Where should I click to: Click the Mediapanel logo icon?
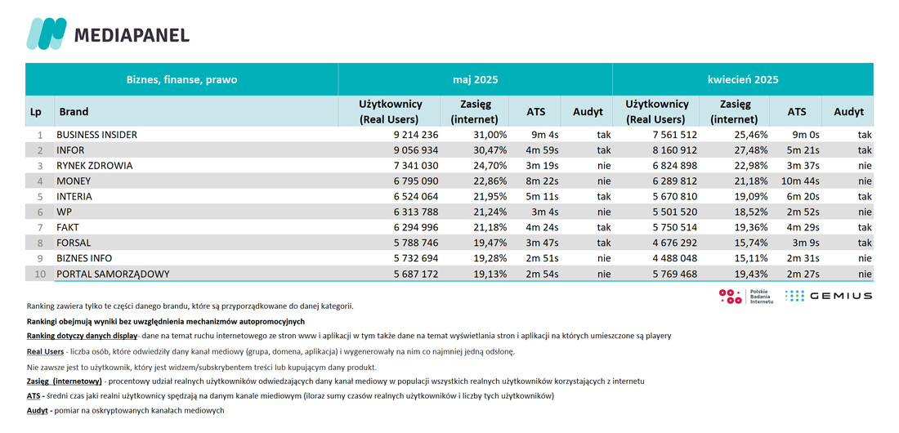[47, 33]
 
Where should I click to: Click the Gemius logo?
[829, 296]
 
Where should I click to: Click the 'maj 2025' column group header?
[475, 80]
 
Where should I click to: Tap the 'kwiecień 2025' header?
[742, 80]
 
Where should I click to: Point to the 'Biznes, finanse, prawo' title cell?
[181, 80]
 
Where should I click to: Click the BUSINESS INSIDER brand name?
[97, 135]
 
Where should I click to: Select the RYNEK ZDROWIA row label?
[95, 166]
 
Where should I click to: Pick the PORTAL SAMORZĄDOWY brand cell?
[113, 275]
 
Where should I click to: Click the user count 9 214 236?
[416, 135]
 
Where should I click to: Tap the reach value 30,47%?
[487, 150]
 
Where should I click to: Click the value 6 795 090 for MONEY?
[416, 181]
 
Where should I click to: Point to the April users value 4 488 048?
[674, 259]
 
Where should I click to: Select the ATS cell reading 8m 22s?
[542, 181]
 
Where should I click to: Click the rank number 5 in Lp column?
[40, 197]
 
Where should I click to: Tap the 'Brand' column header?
[74, 112]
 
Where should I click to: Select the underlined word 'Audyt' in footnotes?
[37, 411]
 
